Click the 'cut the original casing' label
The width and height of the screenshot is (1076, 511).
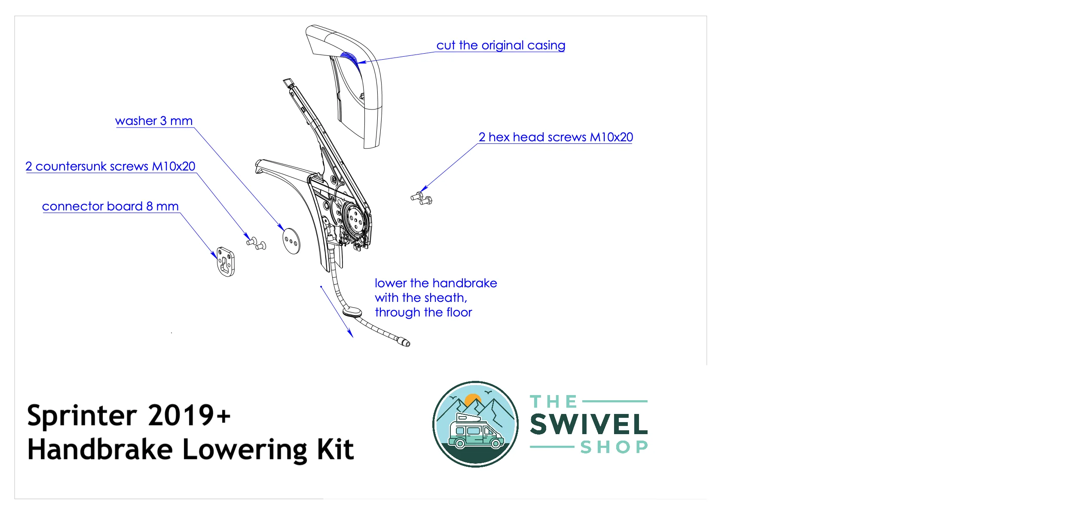point(501,46)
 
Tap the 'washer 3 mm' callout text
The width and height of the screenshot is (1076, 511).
point(154,121)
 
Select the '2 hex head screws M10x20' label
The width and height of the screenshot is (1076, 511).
point(556,137)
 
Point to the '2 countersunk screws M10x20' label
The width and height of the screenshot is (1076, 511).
point(110,167)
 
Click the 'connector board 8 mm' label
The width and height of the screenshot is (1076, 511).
point(110,207)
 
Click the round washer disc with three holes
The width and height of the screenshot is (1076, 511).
point(291,241)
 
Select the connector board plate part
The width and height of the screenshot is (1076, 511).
point(226,262)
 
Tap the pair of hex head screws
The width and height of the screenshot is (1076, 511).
point(422,198)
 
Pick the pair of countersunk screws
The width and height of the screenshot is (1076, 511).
point(257,243)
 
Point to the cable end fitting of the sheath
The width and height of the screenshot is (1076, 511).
point(404,342)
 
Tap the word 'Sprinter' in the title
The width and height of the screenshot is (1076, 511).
point(82,416)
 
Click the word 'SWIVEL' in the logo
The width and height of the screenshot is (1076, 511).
point(589,425)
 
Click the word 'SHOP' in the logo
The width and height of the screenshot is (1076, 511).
point(614,447)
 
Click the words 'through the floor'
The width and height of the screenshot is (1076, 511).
point(423,313)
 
